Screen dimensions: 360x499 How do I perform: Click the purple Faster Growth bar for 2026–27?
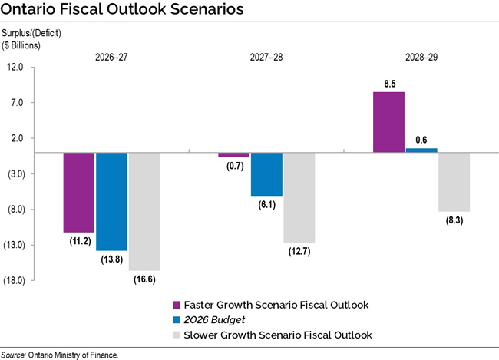point(78,192)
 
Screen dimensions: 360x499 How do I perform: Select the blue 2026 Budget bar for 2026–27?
point(111,201)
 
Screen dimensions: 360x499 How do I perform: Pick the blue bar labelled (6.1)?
point(266,174)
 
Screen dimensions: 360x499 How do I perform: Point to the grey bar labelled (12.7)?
point(299,197)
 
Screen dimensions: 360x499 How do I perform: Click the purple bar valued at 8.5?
point(388,122)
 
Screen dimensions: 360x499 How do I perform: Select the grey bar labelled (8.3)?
point(454,182)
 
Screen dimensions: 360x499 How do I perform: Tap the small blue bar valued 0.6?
point(421,150)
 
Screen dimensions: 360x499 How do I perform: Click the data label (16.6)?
point(144,279)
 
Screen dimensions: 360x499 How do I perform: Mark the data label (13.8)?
point(111,260)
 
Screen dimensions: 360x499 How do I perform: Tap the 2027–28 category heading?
point(267,57)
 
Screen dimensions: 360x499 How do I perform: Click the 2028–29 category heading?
point(421,57)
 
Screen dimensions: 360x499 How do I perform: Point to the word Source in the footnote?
point(12,355)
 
